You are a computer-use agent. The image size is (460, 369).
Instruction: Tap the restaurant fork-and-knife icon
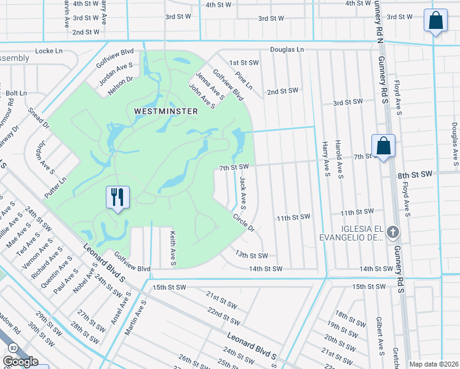pyautogui.click(x=117, y=197)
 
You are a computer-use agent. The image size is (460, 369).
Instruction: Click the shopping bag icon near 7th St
pyautogui.click(x=383, y=146)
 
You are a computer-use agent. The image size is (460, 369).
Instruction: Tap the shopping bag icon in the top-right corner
pyautogui.click(x=435, y=21)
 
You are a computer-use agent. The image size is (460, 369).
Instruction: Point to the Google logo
pyautogui.click(x=20, y=362)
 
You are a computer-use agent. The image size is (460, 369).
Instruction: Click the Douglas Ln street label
pyautogui.click(x=287, y=49)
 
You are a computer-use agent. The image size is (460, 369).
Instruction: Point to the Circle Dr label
pyautogui.click(x=244, y=223)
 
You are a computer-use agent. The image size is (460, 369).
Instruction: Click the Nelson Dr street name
pyautogui.click(x=120, y=87)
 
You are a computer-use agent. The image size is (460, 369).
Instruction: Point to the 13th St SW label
pyautogui.click(x=252, y=255)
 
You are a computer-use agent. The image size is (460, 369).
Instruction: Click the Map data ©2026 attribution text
pyautogui.click(x=434, y=364)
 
